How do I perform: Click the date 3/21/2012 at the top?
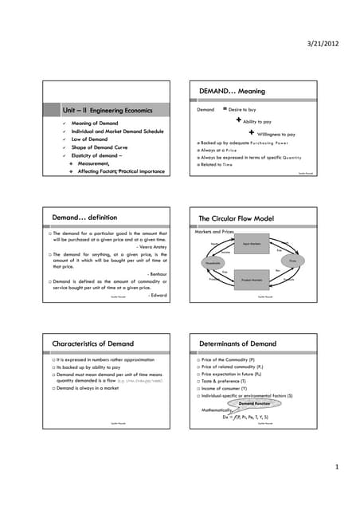pyautogui.click(x=323, y=42)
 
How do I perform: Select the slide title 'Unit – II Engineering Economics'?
pyautogui.click(x=107, y=109)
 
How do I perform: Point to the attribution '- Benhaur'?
pyautogui.click(x=152, y=273)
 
